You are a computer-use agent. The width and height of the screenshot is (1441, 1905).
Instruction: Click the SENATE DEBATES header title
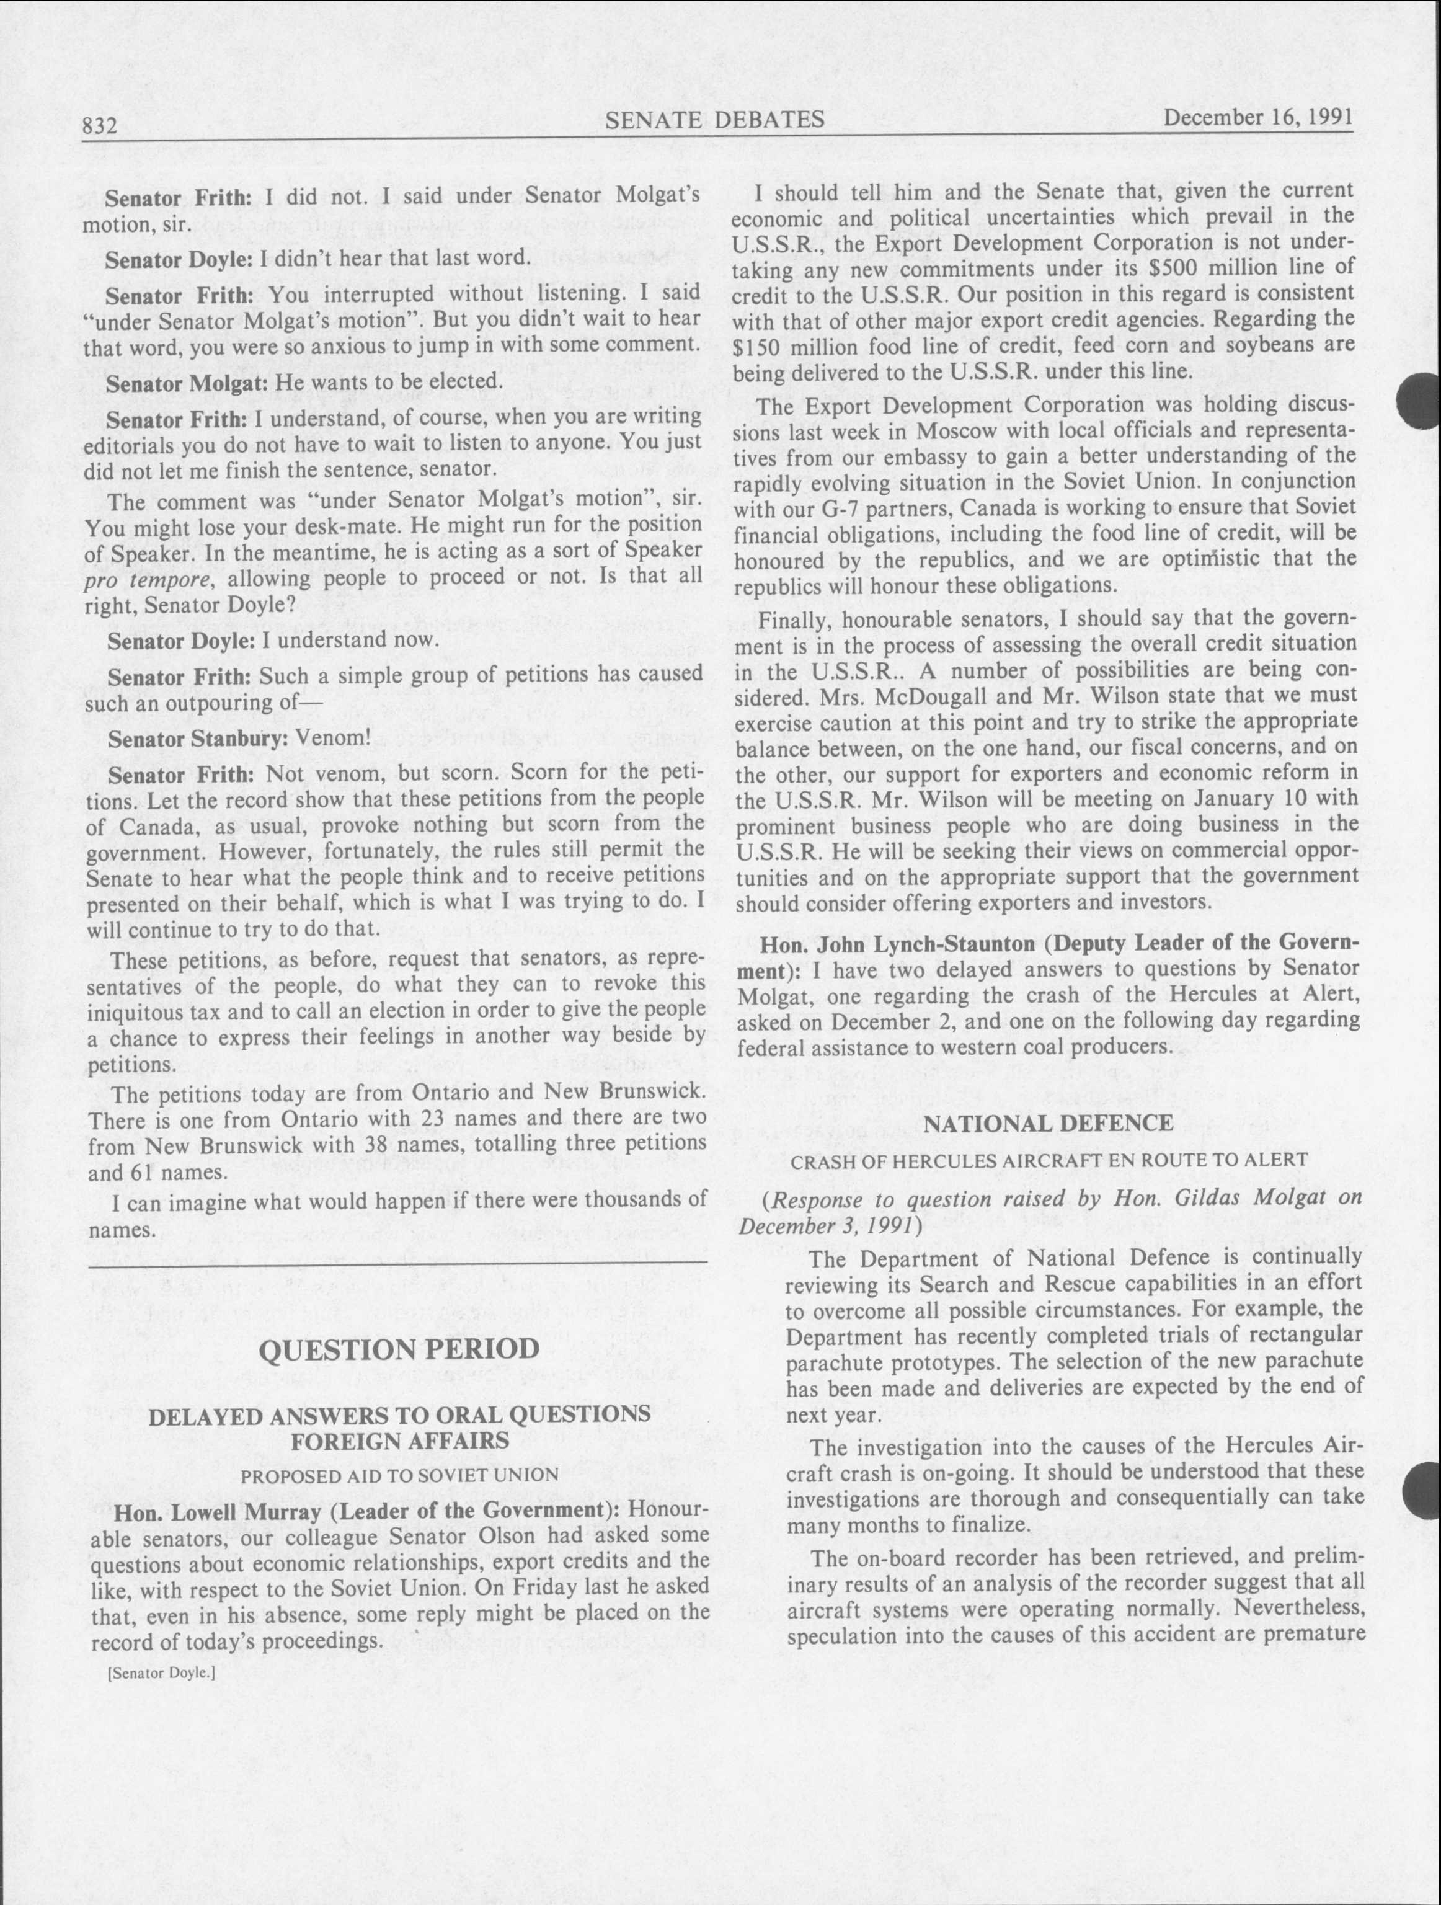pyautogui.click(x=714, y=120)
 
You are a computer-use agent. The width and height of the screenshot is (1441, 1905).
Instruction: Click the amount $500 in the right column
pyautogui.click(x=1179, y=269)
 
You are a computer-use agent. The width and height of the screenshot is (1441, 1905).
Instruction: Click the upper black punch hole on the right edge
pyautogui.click(x=1421, y=401)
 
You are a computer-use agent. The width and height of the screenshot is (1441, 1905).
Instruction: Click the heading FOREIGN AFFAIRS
pyautogui.click(x=400, y=1441)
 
